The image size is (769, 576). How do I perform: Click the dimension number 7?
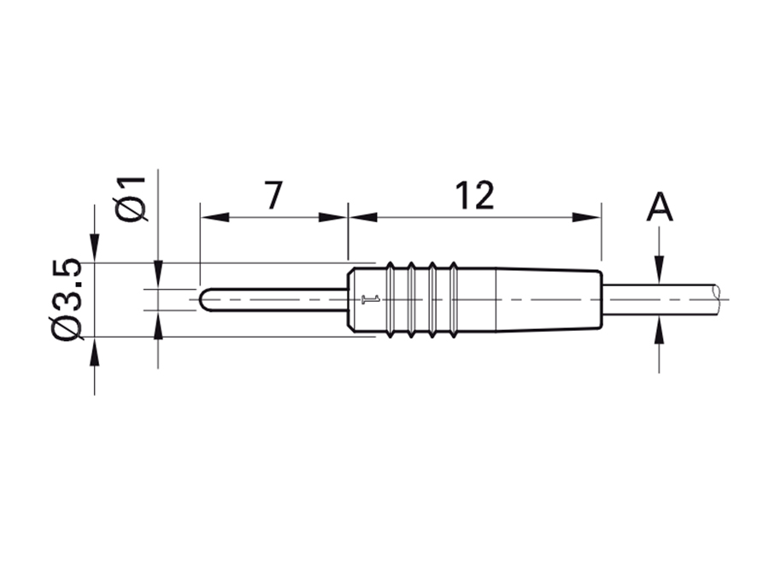[273, 196]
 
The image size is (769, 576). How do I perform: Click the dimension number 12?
[474, 196]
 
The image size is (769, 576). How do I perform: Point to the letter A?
[660, 208]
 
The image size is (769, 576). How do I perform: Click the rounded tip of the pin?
[203, 300]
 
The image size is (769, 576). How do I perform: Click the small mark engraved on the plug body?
[369, 300]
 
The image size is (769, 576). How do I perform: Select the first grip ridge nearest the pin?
[391, 300]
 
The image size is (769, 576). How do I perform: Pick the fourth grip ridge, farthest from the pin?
[452, 300]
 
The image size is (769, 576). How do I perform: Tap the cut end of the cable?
[716, 299]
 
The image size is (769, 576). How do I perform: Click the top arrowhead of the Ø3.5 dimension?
[94, 252]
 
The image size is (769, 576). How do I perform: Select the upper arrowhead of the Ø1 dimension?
[158, 276]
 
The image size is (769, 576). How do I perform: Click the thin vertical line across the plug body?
[496, 300]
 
